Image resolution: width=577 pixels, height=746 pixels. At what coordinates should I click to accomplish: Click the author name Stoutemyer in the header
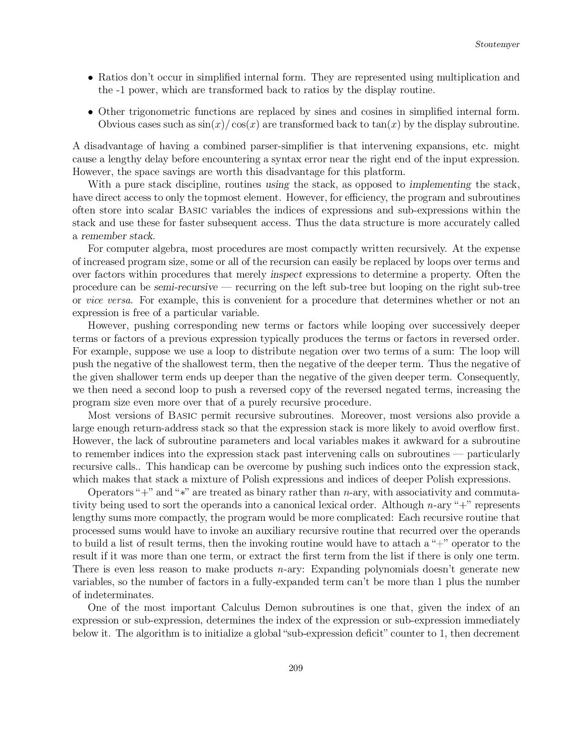tap(497, 44)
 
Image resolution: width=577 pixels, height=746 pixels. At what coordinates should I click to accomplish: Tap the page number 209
tap(296, 668)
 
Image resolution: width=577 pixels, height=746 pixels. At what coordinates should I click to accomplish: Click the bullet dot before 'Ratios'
tap(91, 77)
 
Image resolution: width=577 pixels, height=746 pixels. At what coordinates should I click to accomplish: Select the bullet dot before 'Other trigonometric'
tap(91, 112)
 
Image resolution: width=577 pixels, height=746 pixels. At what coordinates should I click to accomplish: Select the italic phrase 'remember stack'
tap(117, 236)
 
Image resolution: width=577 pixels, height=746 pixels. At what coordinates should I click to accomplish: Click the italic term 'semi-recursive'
tap(186, 287)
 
